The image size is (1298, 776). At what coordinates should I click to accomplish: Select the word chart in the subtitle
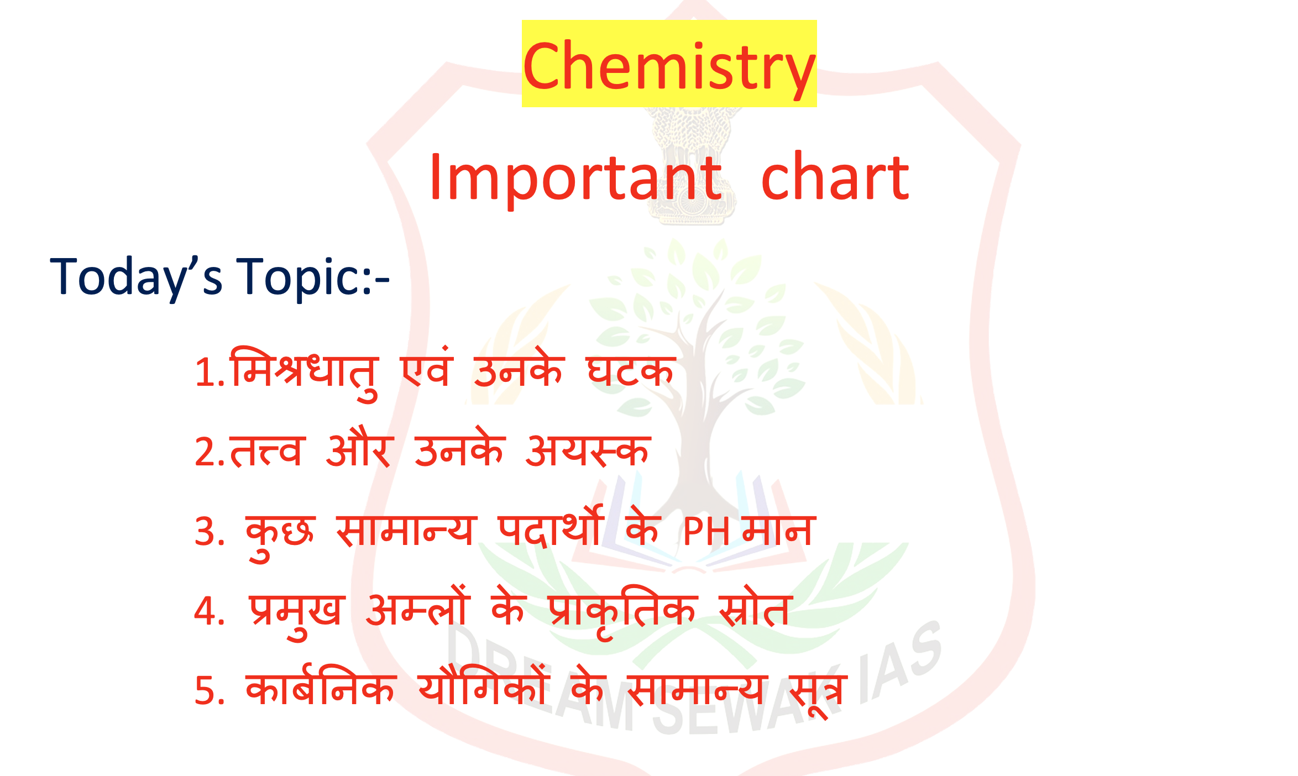click(835, 176)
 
